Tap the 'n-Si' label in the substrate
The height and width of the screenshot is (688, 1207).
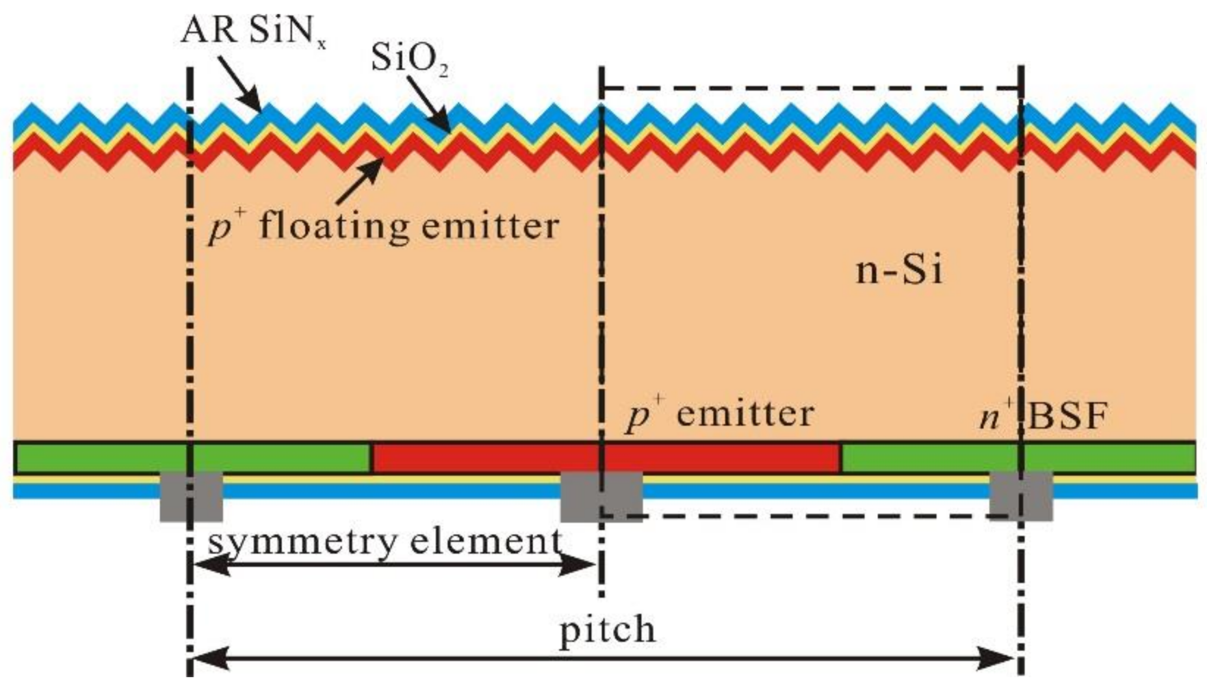(x=899, y=271)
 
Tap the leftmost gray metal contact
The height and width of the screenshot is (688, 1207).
(x=191, y=496)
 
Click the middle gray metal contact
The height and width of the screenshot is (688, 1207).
(x=601, y=496)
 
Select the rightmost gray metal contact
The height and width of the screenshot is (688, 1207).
(x=1021, y=496)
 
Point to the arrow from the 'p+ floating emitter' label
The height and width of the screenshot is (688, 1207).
(x=360, y=181)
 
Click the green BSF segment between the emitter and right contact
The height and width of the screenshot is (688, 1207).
(x=929, y=458)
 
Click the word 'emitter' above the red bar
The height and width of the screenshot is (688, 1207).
(x=745, y=414)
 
